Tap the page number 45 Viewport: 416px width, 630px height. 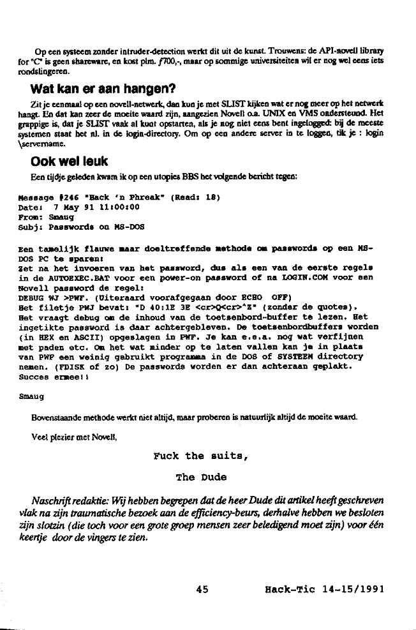click(202, 590)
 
